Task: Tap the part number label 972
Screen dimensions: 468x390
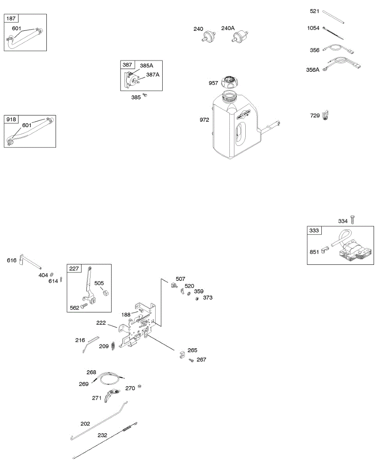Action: [x=204, y=120]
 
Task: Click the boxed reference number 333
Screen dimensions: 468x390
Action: [x=314, y=230]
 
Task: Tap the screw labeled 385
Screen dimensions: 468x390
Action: [x=145, y=95]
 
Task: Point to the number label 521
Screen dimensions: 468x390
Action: [x=315, y=12]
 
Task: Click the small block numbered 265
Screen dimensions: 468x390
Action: [x=182, y=356]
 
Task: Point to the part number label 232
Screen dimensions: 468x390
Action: [x=102, y=436]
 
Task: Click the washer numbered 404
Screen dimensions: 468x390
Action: [x=52, y=275]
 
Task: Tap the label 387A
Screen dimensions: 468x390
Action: [x=152, y=75]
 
